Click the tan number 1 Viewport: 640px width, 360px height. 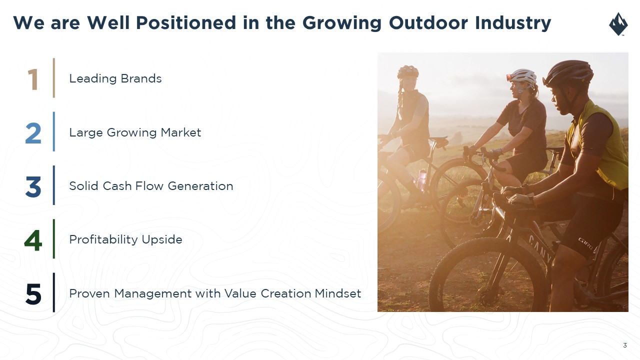click(x=33, y=79)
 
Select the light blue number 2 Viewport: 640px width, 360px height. click(x=33, y=133)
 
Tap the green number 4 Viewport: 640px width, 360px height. click(x=33, y=240)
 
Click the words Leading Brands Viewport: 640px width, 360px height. click(x=115, y=78)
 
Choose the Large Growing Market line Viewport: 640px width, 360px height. click(x=135, y=133)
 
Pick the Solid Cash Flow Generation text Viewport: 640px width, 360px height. click(x=151, y=186)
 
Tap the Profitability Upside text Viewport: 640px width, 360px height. click(x=125, y=239)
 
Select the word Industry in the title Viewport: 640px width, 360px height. click(x=513, y=23)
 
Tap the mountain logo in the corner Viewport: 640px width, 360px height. click(x=618, y=24)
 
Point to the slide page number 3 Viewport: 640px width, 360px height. click(x=625, y=345)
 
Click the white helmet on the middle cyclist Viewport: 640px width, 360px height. click(x=522, y=76)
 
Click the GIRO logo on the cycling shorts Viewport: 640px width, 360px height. click(x=586, y=243)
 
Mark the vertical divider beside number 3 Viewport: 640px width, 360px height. click(x=53, y=185)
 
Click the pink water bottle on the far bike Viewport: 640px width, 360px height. click(x=421, y=178)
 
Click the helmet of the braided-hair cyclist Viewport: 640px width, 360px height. click(x=408, y=71)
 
